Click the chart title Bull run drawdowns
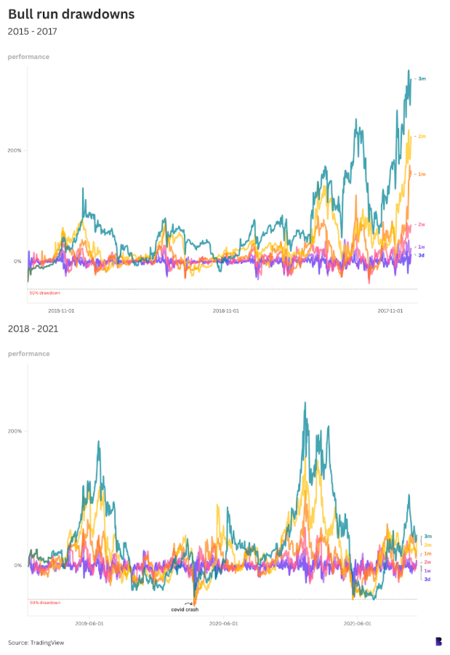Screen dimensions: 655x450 [x=71, y=14]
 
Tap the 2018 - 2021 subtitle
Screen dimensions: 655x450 [x=33, y=329]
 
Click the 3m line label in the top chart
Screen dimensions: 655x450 [x=421, y=79]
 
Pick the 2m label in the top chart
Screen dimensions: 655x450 [x=421, y=136]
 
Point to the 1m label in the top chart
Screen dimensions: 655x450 [x=421, y=174]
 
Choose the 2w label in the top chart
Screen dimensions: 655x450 [x=421, y=225]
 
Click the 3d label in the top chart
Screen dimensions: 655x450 [x=421, y=255]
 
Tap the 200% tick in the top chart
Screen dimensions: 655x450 [x=15, y=150]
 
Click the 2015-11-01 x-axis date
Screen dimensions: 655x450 [x=61, y=310]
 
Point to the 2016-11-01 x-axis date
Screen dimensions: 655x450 [x=226, y=310]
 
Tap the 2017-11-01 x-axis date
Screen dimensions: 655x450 [x=391, y=310]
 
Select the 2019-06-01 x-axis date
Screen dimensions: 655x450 [x=89, y=623]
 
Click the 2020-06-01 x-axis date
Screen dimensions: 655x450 [x=223, y=623]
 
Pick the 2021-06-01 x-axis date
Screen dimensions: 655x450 [x=358, y=623]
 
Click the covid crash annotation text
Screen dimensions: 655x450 [x=185, y=609]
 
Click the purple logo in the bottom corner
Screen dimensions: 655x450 [x=438, y=641]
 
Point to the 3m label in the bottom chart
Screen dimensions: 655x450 [x=427, y=536]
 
